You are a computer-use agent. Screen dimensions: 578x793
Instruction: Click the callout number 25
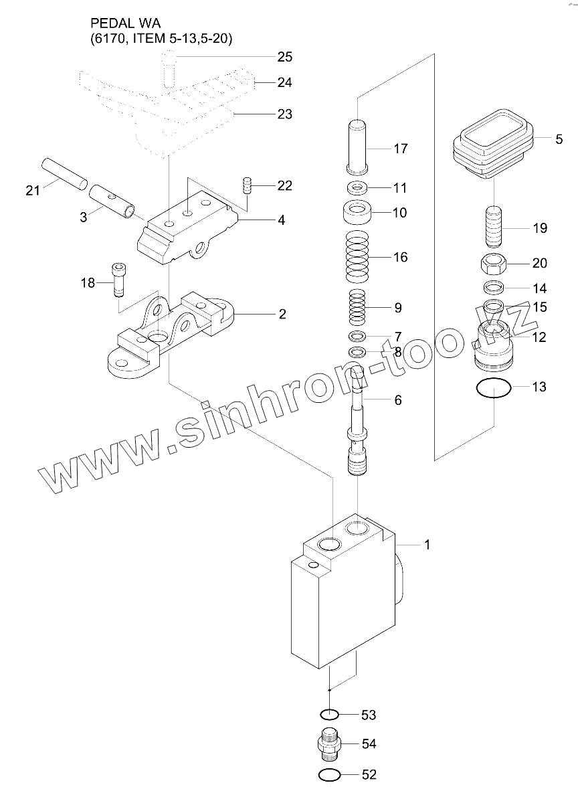click(284, 57)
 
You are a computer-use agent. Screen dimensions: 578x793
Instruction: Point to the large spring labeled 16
click(357, 257)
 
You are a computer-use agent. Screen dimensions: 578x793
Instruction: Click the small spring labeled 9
click(357, 309)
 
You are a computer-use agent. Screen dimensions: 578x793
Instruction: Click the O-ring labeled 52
click(329, 775)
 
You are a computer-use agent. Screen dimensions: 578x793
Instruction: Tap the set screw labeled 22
click(246, 185)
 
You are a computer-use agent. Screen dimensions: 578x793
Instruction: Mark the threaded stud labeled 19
click(494, 228)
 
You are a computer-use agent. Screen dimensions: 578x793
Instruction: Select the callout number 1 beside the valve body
click(427, 545)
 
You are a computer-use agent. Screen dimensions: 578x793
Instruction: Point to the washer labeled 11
click(357, 187)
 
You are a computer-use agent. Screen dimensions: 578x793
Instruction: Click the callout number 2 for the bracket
click(282, 314)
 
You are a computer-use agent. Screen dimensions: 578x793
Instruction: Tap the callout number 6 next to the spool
click(398, 400)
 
